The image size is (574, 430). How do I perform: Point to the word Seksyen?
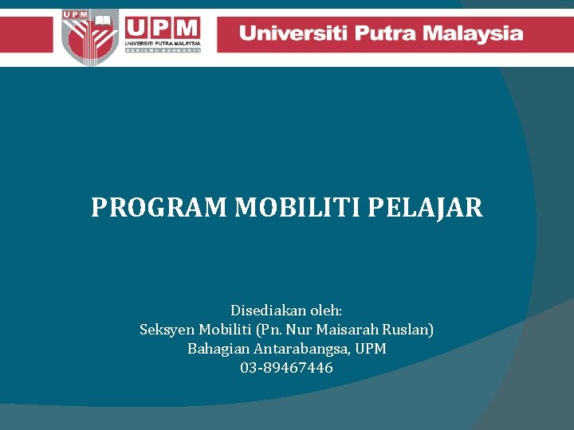(167, 330)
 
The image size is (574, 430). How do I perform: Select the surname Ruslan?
(407, 330)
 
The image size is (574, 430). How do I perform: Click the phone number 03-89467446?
(286, 368)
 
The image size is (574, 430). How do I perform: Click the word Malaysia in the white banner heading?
(474, 33)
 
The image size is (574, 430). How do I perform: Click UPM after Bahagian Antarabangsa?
(371, 349)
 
